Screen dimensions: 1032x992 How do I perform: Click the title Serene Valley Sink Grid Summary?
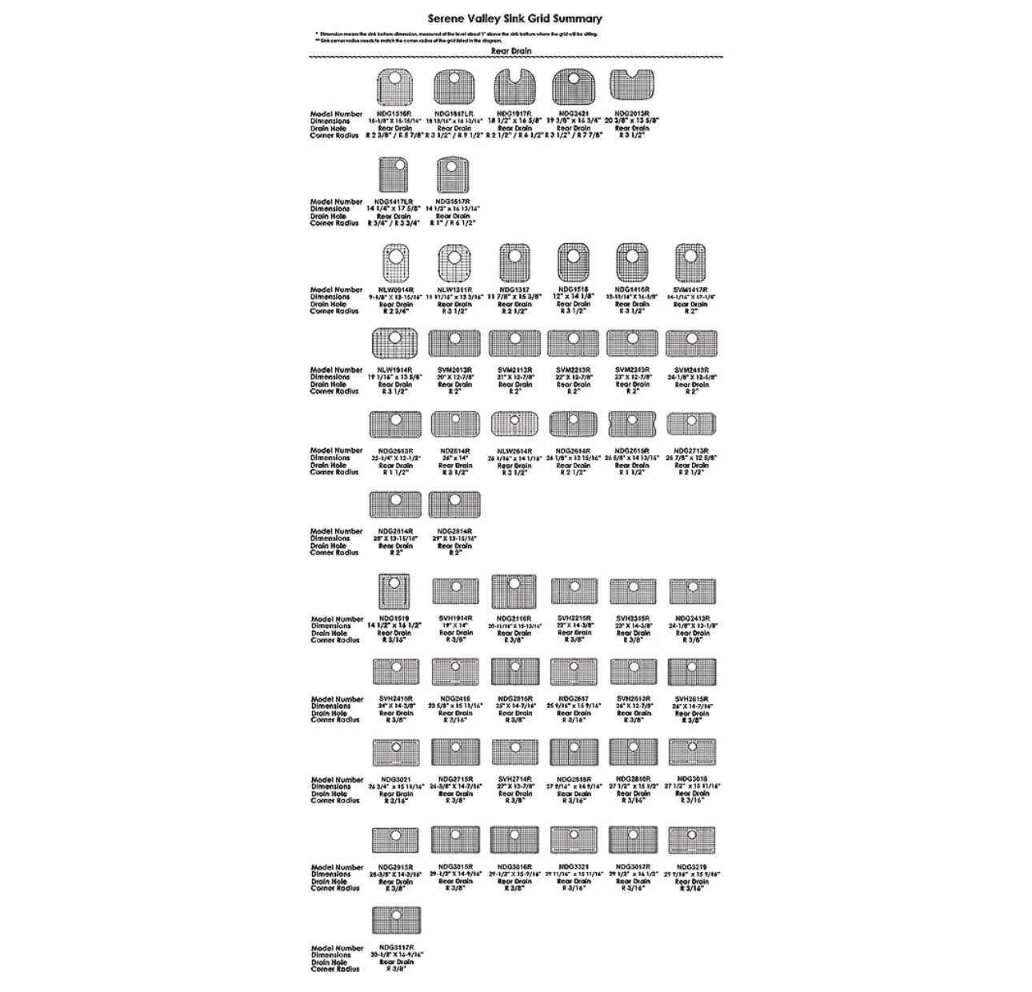point(515,18)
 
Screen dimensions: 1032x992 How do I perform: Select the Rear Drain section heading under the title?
point(511,51)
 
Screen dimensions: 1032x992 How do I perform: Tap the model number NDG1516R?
point(394,114)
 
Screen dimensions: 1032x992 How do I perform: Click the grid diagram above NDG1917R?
point(513,88)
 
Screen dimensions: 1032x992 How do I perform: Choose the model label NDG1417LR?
point(394,202)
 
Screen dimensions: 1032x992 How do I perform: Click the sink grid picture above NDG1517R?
point(454,175)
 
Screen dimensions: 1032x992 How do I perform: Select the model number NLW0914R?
point(395,290)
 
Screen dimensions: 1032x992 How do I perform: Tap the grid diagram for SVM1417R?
point(691,264)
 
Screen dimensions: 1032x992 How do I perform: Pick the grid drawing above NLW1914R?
point(395,343)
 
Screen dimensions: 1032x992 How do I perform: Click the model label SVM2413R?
point(691,370)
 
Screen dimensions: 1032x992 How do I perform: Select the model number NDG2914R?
point(454,531)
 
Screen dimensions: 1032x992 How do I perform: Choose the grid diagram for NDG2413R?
point(693,592)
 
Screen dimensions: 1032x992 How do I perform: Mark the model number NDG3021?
point(395,779)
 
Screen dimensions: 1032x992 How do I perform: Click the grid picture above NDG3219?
point(691,841)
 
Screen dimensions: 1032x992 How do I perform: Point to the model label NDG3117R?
point(395,948)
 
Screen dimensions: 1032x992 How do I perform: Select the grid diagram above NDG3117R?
point(395,921)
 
